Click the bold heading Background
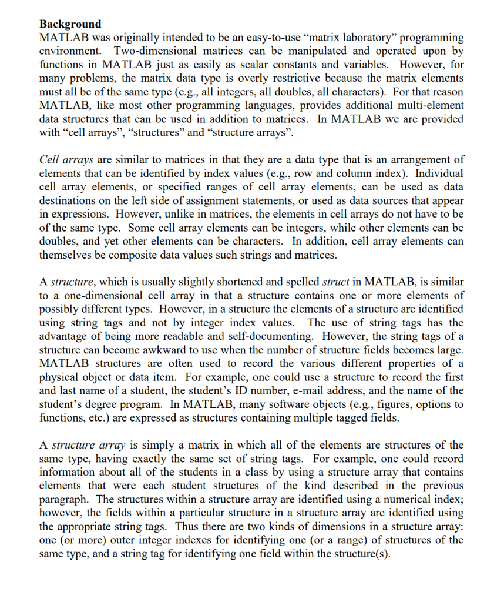click(x=70, y=24)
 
